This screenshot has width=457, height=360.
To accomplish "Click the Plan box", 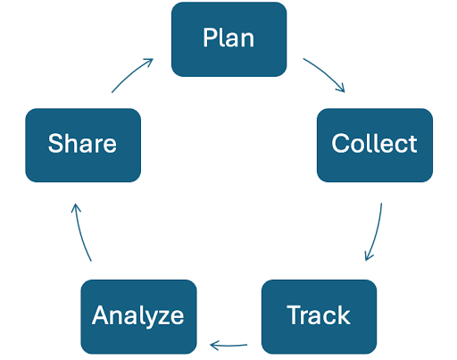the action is [229, 39].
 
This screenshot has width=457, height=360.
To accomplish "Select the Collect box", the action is [375, 145].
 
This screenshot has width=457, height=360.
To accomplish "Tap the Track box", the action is [319, 317].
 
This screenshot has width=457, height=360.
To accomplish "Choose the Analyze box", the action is [138, 317].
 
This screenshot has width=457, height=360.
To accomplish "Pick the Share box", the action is [83, 145].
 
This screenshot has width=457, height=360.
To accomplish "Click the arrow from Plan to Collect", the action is [326, 72].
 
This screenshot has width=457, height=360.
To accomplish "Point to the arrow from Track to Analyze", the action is [228, 346].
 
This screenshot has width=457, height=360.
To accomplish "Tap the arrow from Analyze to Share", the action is [81, 232].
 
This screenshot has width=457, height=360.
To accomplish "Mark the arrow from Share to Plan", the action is [131, 73].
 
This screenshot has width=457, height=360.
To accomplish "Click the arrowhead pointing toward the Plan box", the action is [149, 62].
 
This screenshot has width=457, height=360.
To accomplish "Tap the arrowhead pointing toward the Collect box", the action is [341, 88].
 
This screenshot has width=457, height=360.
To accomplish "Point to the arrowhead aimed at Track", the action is [369, 256].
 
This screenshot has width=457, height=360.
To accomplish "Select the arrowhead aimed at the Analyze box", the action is [214, 346].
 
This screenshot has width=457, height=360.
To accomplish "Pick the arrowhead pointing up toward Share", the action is [76, 207].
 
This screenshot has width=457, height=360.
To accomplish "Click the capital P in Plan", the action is [210, 38].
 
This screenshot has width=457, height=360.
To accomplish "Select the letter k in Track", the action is [344, 314].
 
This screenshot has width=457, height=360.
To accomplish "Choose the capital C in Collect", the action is [341, 143].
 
